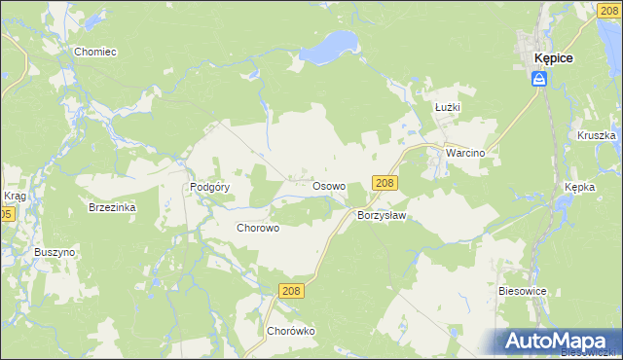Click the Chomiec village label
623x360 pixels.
click(x=94, y=51)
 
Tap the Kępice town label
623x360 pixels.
click(x=553, y=58)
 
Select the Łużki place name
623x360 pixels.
click(x=448, y=108)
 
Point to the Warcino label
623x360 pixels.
click(x=465, y=154)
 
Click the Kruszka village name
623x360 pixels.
click(x=597, y=136)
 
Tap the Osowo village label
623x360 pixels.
click(x=328, y=185)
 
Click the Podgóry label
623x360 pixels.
click(x=209, y=188)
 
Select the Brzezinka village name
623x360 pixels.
click(x=112, y=207)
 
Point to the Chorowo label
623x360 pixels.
click(x=258, y=228)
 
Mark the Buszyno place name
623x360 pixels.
click(x=55, y=252)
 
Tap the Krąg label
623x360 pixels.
click(x=15, y=196)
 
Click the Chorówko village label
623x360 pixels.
click(x=291, y=331)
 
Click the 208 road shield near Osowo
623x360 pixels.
click(x=384, y=183)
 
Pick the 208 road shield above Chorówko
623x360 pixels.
click(x=291, y=291)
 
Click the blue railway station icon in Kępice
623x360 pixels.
click(x=538, y=79)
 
